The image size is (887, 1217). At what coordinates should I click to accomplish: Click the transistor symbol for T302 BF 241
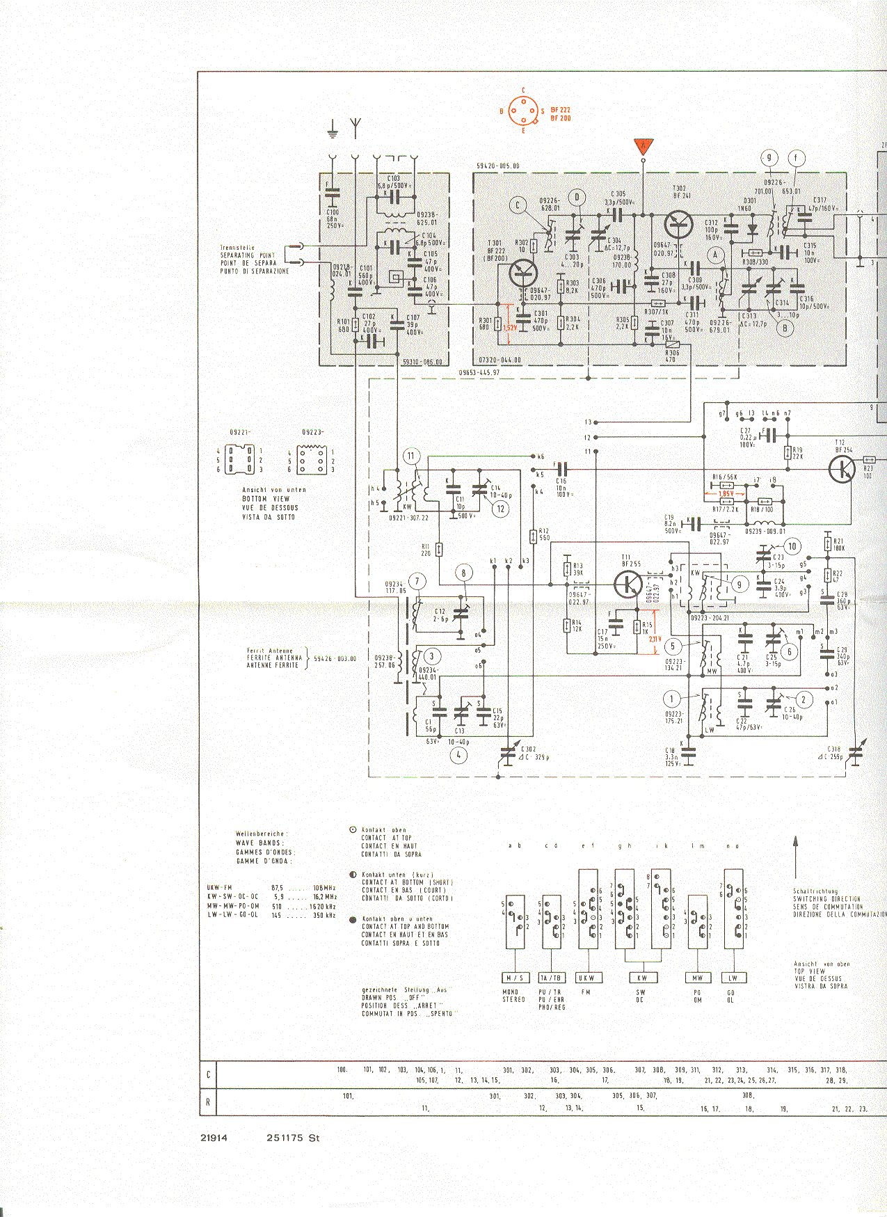pyautogui.click(x=678, y=224)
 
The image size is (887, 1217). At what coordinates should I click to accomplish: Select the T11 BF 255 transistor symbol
pyautogui.click(x=628, y=584)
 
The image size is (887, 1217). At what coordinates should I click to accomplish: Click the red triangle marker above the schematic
pyautogui.click(x=644, y=147)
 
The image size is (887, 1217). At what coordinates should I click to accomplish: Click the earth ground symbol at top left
pyautogui.click(x=333, y=129)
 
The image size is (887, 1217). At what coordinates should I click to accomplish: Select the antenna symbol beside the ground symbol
pyautogui.click(x=355, y=127)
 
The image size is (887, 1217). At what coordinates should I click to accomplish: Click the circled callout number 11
pyautogui.click(x=411, y=456)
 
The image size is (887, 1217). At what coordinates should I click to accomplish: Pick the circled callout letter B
pyautogui.click(x=785, y=327)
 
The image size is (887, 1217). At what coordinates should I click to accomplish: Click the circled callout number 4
pyautogui.click(x=458, y=756)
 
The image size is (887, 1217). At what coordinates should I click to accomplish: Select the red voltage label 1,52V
pyautogui.click(x=510, y=326)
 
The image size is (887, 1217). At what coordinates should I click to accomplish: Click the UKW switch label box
pyautogui.click(x=587, y=978)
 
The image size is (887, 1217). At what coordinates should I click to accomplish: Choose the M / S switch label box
pyautogui.click(x=514, y=978)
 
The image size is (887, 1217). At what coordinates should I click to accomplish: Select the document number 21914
pyautogui.click(x=214, y=1138)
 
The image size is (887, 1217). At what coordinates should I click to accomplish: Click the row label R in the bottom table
pyautogui.click(x=208, y=1102)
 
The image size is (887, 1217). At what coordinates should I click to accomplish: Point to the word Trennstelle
pyautogui.click(x=237, y=248)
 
